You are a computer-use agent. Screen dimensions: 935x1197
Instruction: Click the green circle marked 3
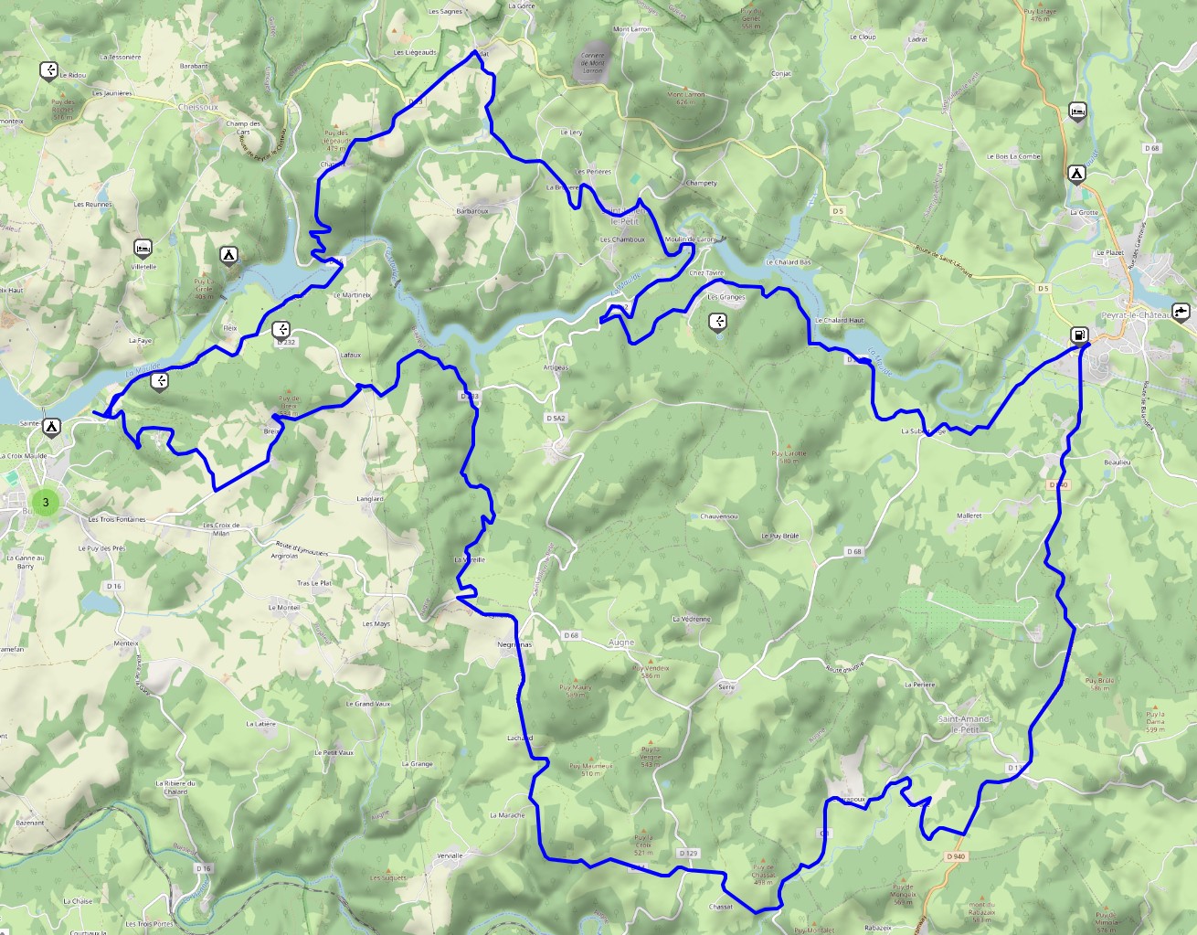click(x=46, y=501)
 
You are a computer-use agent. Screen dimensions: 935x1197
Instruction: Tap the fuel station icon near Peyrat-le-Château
click(x=1080, y=335)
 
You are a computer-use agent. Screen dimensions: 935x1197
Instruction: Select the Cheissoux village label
click(x=198, y=106)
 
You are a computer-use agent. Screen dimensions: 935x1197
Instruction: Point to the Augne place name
click(x=621, y=643)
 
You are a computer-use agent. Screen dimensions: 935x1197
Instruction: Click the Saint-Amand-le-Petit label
click(x=965, y=724)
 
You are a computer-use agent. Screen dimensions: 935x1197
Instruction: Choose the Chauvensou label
click(x=718, y=516)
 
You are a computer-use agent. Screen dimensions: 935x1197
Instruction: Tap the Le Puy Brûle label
click(x=780, y=537)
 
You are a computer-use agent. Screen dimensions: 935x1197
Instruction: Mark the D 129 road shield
click(x=688, y=853)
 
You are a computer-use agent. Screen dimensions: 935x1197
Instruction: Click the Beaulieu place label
click(x=1117, y=462)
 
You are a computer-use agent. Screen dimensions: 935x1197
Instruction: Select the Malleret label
click(x=969, y=515)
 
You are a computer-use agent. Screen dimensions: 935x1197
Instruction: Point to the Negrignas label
click(x=514, y=644)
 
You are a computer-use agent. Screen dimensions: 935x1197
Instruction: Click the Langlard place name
click(x=369, y=499)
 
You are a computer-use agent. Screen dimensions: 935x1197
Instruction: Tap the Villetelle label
click(x=143, y=267)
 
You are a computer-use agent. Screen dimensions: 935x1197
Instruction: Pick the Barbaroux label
click(x=472, y=211)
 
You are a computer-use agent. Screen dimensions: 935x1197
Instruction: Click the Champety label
click(x=701, y=183)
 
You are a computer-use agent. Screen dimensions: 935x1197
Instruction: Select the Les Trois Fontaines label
click(x=117, y=519)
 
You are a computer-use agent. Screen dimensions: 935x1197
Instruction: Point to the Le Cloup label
click(x=863, y=37)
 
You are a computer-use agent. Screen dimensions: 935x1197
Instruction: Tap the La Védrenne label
click(x=691, y=619)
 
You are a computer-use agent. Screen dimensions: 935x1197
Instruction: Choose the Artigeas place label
click(x=556, y=367)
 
